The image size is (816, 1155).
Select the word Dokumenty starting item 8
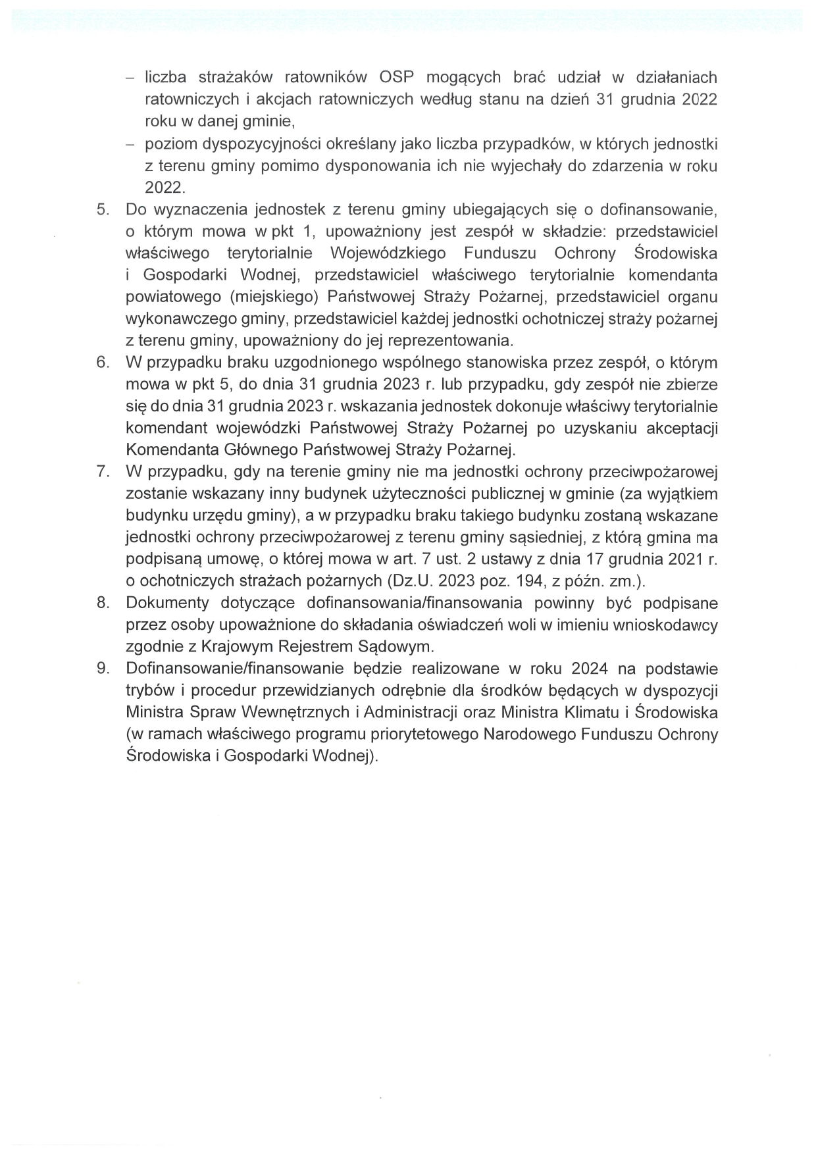pos(167,603)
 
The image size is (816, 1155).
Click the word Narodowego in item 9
pos(530,734)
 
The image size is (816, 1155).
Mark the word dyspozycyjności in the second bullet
pos(242,143)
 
